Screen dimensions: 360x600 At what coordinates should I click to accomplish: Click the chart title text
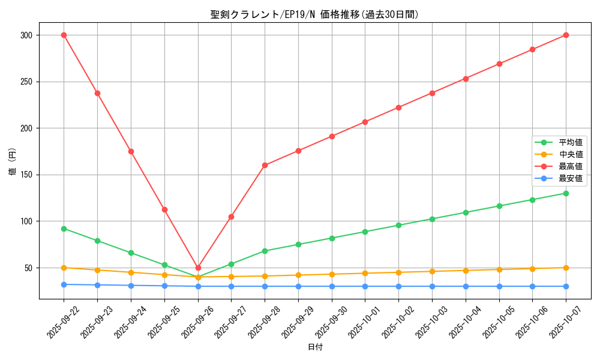pos(314,14)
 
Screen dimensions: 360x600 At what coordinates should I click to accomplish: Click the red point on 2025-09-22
pos(64,35)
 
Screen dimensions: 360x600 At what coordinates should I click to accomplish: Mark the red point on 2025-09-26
pos(198,268)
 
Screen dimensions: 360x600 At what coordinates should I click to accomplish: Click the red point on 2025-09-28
pos(265,165)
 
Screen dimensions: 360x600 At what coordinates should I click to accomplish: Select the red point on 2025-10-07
pos(566,35)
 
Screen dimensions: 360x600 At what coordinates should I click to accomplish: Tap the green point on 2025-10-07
pos(566,193)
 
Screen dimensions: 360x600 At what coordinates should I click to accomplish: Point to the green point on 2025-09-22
pos(64,229)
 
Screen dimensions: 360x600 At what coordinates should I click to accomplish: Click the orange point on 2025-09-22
pos(64,268)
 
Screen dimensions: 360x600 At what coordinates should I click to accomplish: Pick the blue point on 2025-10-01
pos(365,286)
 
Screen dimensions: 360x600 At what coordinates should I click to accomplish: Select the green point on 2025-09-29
pos(298,244)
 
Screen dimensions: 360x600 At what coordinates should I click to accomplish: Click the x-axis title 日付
pos(314,347)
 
